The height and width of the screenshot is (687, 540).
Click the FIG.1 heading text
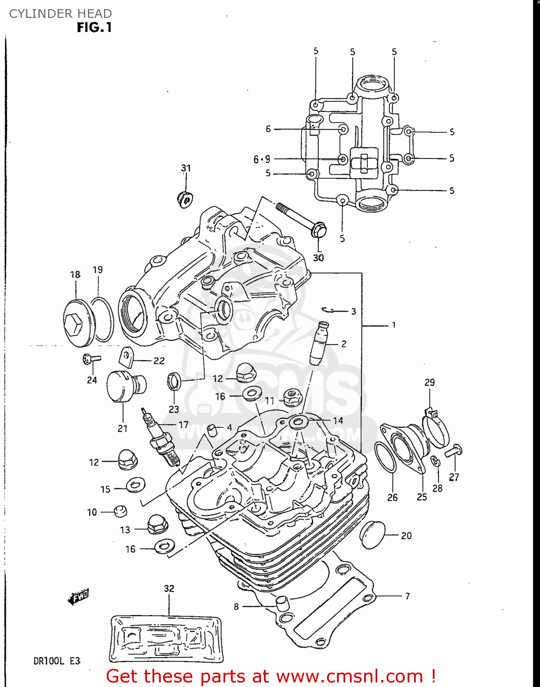(94, 27)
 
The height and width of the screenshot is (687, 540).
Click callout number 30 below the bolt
(318, 258)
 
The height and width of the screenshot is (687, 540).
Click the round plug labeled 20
(372, 534)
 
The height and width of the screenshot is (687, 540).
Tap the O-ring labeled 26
(385, 458)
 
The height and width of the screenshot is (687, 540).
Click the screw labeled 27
(454, 451)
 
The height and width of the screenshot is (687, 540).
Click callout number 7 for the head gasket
(407, 596)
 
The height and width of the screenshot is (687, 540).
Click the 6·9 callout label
(262, 159)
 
